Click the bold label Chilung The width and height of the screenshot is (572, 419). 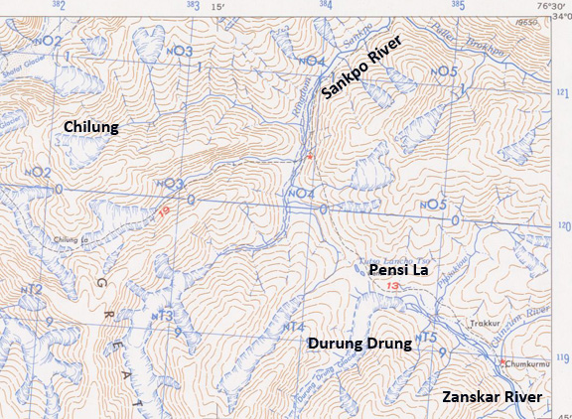click(91, 127)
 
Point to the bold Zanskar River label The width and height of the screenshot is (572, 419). click(494, 397)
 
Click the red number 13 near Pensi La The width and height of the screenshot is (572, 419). click(393, 287)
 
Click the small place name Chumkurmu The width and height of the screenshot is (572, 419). click(529, 364)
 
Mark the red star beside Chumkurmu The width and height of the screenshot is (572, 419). click(503, 361)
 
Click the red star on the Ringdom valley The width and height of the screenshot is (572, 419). click(310, 156)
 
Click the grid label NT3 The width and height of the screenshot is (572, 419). click(164, 316)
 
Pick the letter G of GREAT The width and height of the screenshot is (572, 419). click(98, 282)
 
